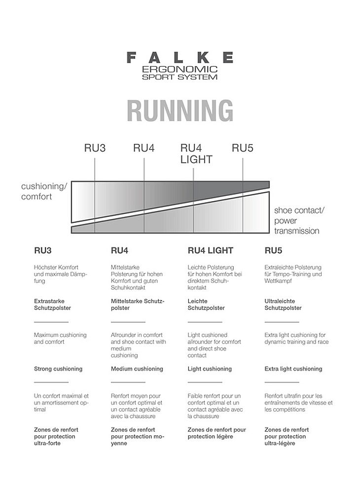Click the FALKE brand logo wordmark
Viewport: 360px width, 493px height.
click(180, 58)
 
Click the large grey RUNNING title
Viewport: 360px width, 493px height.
click(180, 110)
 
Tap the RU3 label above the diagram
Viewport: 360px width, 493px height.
click(95, 148)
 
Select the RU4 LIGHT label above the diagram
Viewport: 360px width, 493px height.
click(196, 153)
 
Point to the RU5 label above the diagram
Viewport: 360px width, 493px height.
click(243, 148)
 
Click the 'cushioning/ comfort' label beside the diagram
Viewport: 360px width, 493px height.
click(44, 191)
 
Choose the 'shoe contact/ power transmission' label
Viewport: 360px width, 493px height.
click(299, 220)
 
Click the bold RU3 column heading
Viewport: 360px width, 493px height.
click(43, 250)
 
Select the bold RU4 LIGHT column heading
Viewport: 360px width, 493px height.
click(211, 250)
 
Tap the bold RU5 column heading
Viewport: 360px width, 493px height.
click(273, 250)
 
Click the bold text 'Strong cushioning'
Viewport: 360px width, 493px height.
click(58, 369)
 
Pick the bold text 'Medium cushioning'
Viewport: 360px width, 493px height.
click(137, 369)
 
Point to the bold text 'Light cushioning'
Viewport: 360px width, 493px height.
click(210, 369)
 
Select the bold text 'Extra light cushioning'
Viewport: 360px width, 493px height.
click(293, 369)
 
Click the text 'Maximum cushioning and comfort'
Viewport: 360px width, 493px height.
click(60, 338)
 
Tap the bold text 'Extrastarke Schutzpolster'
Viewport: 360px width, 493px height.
click(52, 304)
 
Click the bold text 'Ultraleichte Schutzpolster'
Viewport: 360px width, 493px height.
click(283, 304)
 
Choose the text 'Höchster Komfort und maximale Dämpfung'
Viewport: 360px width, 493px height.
click(60, 274)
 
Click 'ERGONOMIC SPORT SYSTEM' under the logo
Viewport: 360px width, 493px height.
click(180, 73)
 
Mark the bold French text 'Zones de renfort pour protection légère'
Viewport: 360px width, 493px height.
click(216, 433)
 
